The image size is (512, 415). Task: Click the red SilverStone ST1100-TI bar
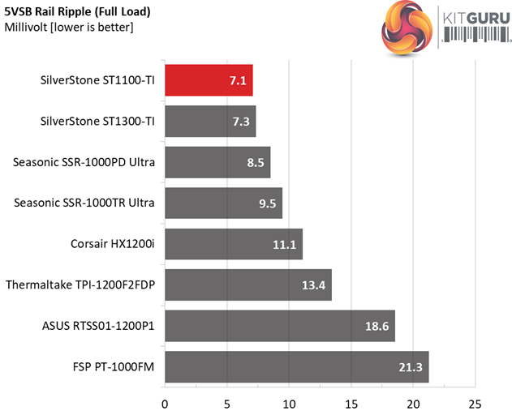209,80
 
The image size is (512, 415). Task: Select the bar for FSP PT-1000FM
296,366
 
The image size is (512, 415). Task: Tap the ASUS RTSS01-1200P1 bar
279,326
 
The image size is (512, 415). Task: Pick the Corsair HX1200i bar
233,244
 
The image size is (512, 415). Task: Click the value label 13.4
315,285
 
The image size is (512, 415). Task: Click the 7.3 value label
242,122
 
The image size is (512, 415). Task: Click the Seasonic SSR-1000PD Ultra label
84,162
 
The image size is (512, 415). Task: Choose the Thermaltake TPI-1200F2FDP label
80,285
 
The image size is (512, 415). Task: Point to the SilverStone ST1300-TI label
97,122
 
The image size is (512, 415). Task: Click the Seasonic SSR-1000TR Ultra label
85,203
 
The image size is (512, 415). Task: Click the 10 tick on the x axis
289,403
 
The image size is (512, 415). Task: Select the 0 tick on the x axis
165,403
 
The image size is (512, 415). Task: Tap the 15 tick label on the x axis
351,403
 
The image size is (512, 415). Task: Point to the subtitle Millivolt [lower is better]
69,28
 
